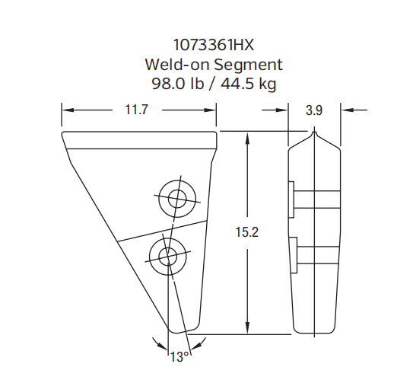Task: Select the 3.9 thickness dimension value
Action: click(x=314, y=110)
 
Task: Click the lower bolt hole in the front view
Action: click(x=167, y=253)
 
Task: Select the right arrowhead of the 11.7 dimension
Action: click(x=211, y=110)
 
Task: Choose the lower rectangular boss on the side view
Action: click(x=292, y=254)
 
